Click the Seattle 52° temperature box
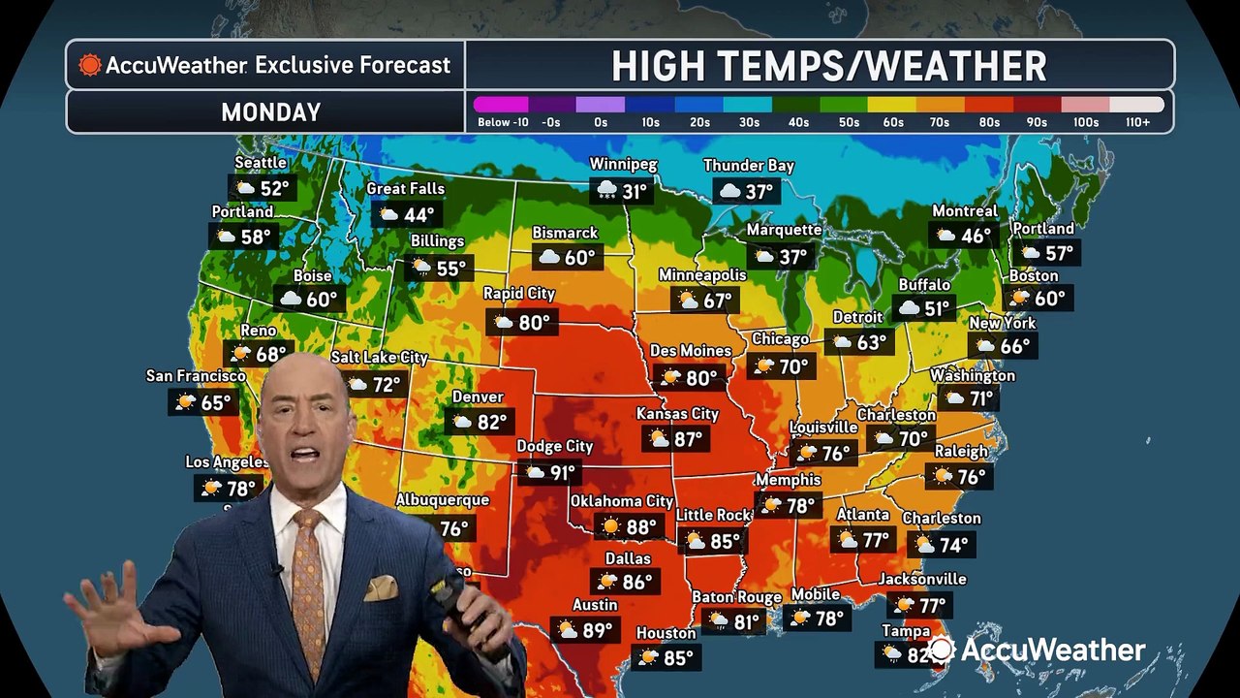pyautogui.click(x=262, y=188)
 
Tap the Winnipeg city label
pyautogui.click(x=623, y=165)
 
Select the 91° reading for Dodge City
pyautogui.click(x=563, y=473)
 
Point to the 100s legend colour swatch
pyautogui.click(x=1085, y=105)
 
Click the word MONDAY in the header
pyautogui.click(x=270, y=112)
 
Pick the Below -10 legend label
pyautogui.click(x=500, y=123)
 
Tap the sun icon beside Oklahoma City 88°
pyautogui.click(x=610, y=527)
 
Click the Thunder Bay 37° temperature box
pyautogui.click(x=747, y=192)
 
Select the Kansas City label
pyautogui.click(x=677, y=414)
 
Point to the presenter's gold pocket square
pyautogui.click(x=381, y=587)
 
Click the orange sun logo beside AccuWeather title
pyautogui.click(x=90, y=65)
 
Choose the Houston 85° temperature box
pyautogui.click(x=666, y=658)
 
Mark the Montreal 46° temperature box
pyautogui.click(x=964, y=236)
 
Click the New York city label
pyautogui.click(x=1003, y=323)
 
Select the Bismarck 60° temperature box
pyautogui.click(x=568, y=258)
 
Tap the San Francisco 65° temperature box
pyautogui.click(x=202, y=402)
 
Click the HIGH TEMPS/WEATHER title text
pyautogui.click(x=828, y=66)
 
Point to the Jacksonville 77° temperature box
pyautogui.click(x=920, y=606)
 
